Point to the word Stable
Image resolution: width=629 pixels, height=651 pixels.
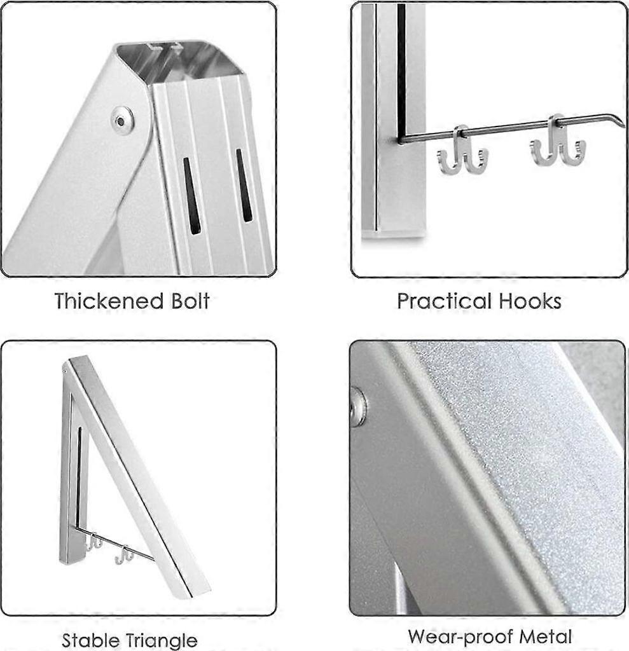point(92,640)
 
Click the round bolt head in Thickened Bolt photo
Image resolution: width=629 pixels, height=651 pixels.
point(121,118)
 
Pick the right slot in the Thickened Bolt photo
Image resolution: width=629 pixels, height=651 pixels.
point(244,185)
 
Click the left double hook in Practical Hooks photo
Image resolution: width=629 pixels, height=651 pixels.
point(462,153)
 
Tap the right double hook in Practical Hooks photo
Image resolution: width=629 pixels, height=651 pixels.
point(557,143)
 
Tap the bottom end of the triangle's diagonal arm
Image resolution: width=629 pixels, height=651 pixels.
point(194,587)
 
